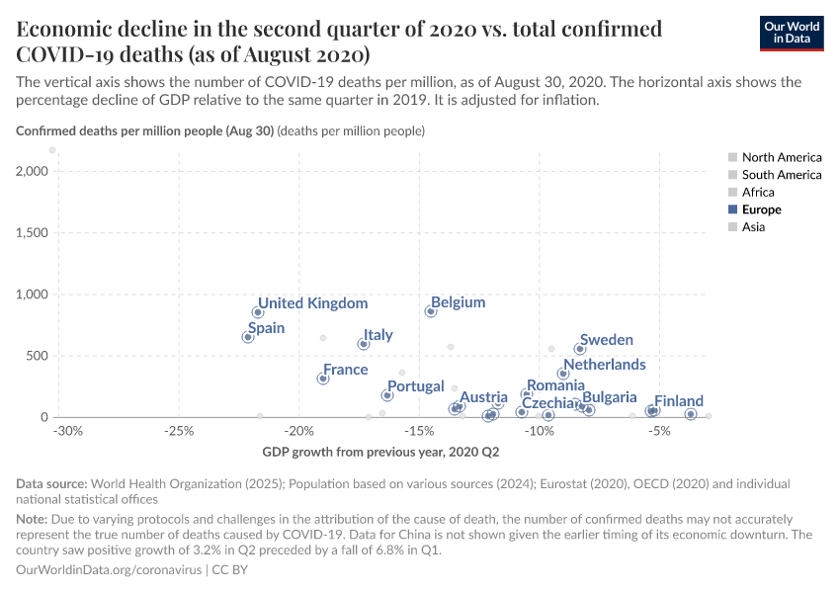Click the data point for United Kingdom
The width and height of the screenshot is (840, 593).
pos(258,312)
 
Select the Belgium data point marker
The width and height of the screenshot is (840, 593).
pos(431,311)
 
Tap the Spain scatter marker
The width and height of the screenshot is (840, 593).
pos(248,337)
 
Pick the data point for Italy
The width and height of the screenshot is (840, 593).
pos(364,344)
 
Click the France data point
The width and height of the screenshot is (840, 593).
pos(323,379)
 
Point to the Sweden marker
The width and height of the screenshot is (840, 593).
pos(580,349)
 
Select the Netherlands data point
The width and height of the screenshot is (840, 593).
pos(563,374)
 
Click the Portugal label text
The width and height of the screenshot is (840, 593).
pos(415,386)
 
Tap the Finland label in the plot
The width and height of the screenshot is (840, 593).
pos(679,401)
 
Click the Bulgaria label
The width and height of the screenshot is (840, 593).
pos(610,397)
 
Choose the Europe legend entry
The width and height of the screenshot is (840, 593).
pos(761,210)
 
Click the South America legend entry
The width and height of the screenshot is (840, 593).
pos(781,175)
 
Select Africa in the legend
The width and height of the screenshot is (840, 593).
pos(758,192)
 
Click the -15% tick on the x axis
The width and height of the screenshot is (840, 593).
pos(420,432)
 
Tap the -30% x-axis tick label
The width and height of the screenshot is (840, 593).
pos(67,432)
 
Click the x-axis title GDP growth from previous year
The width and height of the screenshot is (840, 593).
pos(380,453)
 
